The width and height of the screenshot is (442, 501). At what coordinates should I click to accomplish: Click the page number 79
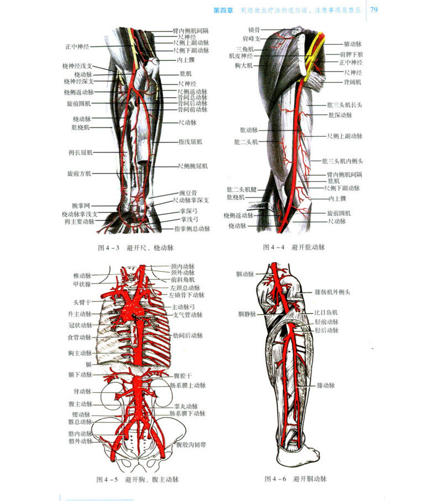tap(374, 10)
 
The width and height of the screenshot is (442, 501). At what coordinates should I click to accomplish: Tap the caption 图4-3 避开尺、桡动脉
tap(135, 247)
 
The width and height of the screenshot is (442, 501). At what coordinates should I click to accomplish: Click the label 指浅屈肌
tap(190, 141)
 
